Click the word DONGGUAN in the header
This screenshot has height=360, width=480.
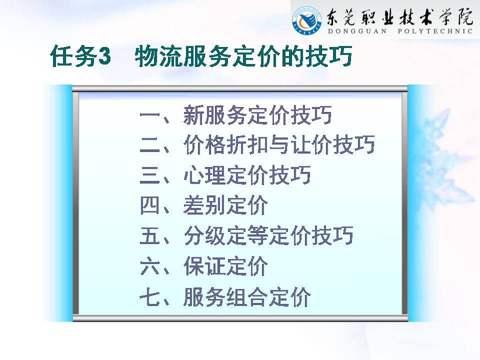357,31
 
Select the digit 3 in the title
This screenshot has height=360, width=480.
104,56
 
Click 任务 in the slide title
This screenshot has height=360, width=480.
74,56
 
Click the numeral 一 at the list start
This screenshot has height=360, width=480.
149,115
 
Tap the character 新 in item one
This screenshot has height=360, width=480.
194,115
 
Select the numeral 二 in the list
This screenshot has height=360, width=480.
149,145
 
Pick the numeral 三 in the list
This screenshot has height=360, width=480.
149,175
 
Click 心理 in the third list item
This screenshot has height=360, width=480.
204,175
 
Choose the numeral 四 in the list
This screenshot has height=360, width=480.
149,205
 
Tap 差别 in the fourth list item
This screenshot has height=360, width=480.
204,205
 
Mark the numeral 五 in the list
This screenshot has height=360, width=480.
149,235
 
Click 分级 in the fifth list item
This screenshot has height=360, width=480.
204,235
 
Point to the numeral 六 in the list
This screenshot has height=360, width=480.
149,265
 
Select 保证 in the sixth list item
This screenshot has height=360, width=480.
204,265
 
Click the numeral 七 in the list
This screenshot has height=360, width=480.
149,296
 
